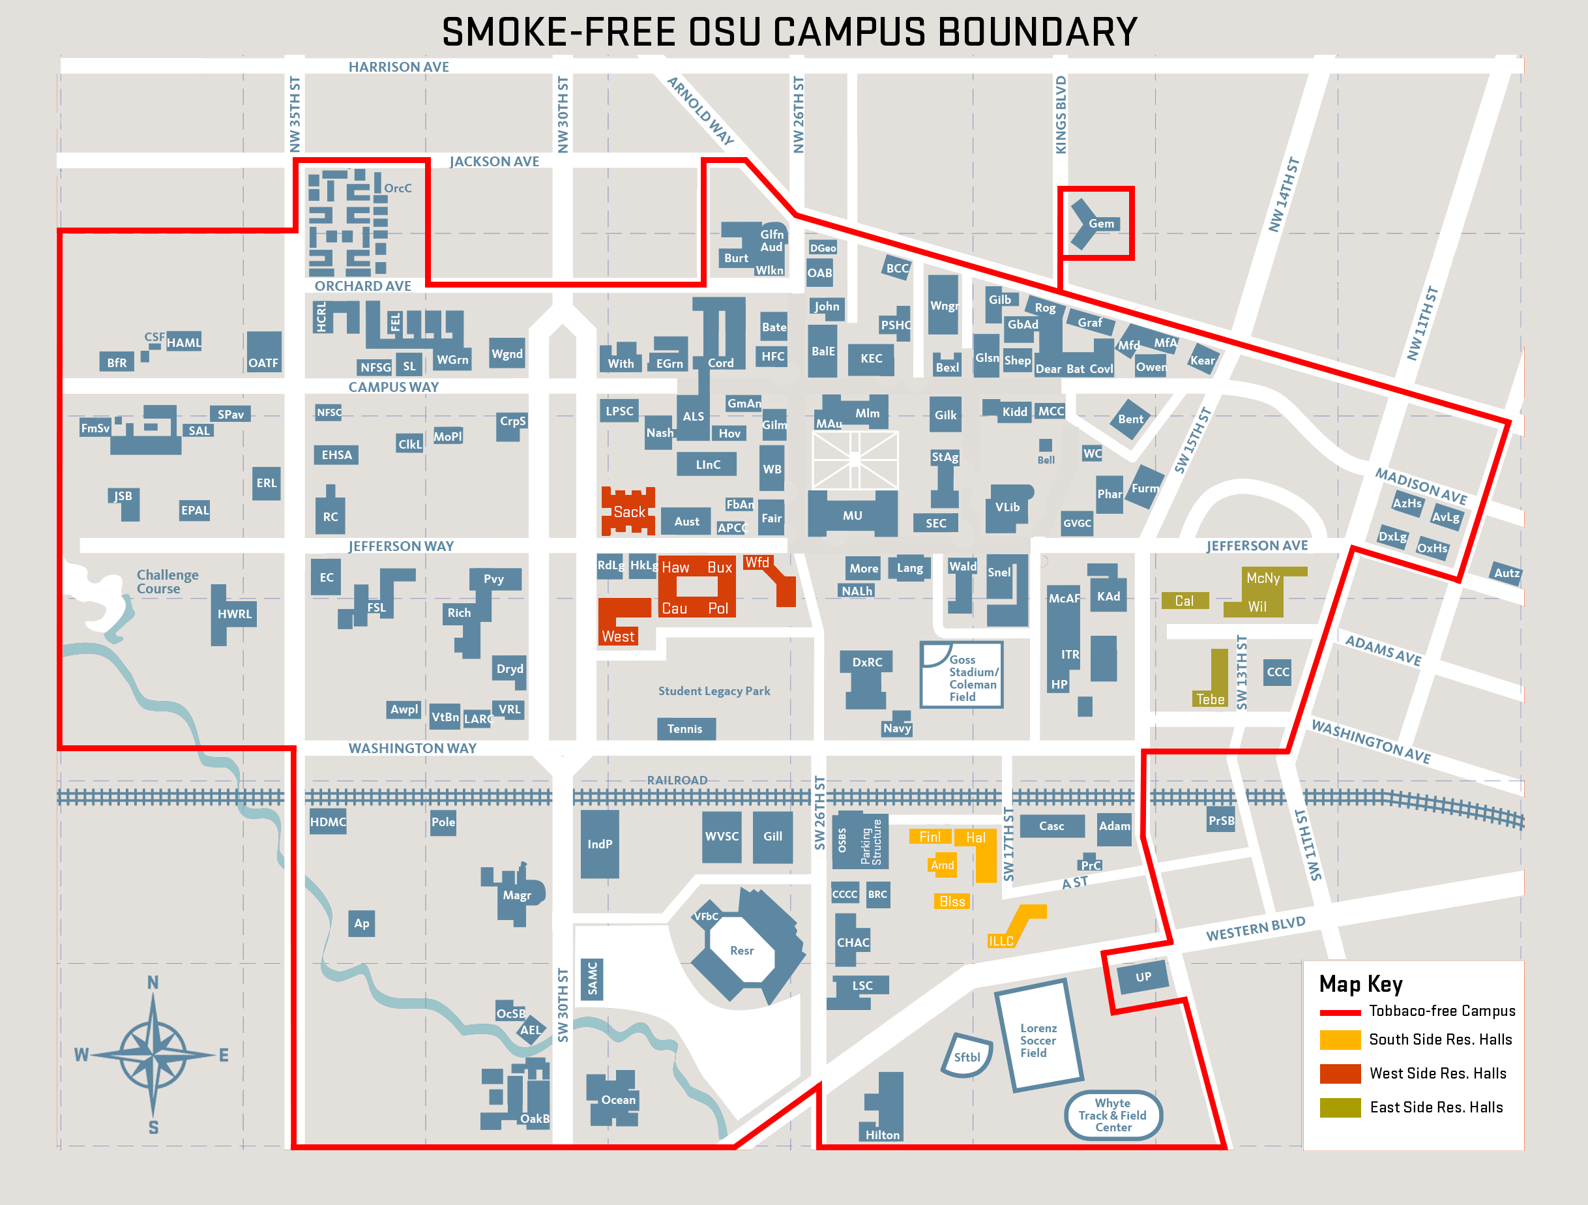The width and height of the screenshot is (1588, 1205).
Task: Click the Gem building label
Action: [1100, 224]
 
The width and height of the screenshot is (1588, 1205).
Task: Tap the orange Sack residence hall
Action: [629, 512]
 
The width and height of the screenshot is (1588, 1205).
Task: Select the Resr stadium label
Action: [742, 951]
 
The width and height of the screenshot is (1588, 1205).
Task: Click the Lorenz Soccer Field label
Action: [1037, 1041]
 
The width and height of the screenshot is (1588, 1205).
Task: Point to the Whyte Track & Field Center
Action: [1112, 1115]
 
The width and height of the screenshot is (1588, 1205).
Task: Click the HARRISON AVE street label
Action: [398, 67]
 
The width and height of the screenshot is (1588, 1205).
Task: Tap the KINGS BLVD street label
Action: [1061, 115]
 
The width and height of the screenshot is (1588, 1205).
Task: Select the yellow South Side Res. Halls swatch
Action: [1340, 1040]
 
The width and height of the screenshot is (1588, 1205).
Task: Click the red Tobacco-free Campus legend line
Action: [1340, 1013]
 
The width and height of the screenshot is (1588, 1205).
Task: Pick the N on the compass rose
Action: [153, 983]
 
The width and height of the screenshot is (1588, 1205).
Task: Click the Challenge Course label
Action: [168, 582]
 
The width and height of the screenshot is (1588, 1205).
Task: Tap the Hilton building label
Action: [882, 1135]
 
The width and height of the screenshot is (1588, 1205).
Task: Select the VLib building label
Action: [1007, 507]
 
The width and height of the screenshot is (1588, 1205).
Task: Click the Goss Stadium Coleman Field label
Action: [972, 678]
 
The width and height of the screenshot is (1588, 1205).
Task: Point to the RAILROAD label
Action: [677, 780]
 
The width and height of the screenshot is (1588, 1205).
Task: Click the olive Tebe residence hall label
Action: [1210, 699]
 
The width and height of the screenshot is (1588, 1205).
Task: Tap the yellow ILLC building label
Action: [1001, 941]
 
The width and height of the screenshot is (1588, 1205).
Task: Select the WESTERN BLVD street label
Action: [1255, 929]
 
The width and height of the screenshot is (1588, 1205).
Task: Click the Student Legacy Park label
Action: [714, 691]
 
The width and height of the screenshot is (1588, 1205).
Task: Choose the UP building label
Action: [1143, 977]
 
